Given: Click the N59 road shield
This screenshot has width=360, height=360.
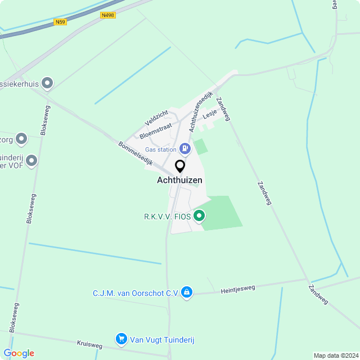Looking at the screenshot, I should [x=61, y=22].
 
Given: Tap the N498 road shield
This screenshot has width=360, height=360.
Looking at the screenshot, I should [x=108, y=15].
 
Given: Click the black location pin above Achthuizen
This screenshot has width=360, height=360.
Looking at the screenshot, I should [x=180, y=166].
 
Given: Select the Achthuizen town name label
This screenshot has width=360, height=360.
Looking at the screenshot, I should [x=179, y=181].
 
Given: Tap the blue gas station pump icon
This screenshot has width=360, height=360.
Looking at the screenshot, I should [x=185, y=149].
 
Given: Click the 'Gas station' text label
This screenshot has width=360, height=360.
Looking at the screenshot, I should [x=161, y=150].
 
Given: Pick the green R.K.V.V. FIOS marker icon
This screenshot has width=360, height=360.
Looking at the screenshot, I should [x=199, y=215].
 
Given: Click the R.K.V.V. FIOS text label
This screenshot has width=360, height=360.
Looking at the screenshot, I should [x=167, y=215].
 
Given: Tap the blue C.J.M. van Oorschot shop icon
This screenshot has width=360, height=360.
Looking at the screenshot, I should [x=187, y=292].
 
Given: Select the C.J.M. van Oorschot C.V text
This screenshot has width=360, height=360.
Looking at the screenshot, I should [x=136, y=293].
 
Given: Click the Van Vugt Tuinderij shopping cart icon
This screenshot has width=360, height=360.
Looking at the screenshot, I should [x=121, y=339].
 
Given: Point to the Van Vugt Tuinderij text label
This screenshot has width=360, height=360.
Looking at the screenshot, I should [x=163, y=339].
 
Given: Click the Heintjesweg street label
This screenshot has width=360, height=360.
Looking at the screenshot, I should [x=238, y=289].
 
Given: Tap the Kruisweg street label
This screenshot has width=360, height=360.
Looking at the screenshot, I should [x=89, y=344].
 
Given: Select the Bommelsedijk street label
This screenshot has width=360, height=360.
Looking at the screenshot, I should [x=136, y=152].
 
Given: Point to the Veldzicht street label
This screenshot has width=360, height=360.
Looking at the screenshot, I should [x=156, y=118].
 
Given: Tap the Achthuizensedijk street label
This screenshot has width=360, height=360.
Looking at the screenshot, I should [x=201, y=111].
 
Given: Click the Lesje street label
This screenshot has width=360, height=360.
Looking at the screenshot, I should [x=210, y=113].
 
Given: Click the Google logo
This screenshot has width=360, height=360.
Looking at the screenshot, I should [x=19, y=353].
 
